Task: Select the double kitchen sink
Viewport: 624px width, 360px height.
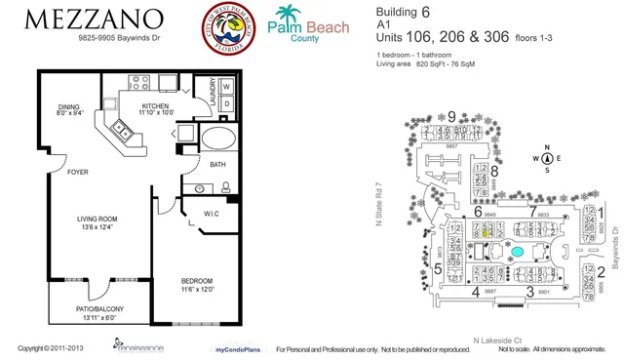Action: (124, 128)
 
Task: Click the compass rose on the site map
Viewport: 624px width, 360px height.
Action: (548, 158)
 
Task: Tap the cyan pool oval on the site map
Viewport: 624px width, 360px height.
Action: (518, 252)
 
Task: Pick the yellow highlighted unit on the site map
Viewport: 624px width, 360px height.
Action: (487, 233)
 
